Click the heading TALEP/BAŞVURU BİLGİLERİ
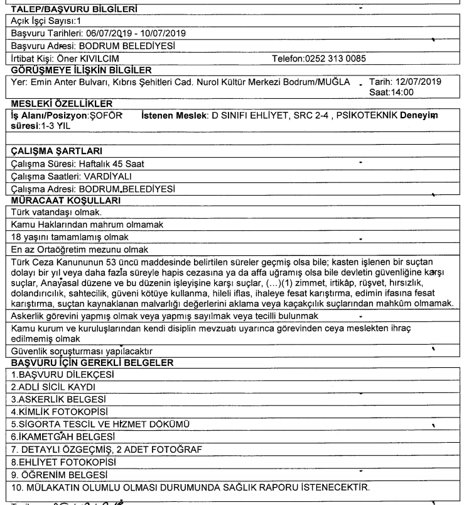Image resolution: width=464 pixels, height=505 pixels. tap(71, 8)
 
